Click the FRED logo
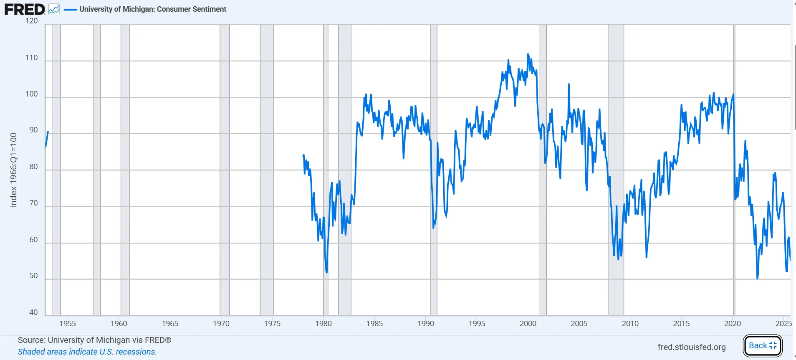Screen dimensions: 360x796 pyautogui.click(x=25, y=9)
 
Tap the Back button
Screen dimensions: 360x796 pyautogui.click(x=763, y=345)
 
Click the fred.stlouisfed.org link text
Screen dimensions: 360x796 pyautogui.click(x=691, y=347)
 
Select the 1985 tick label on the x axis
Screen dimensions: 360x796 pyautogui.click(x=374, y=323)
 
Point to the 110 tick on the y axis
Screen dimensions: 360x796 pyautogui.click(x=31, y=58)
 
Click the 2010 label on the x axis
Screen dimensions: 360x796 pyautogui.click(x=630, y=323)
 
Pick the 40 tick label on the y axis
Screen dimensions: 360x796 pyautogui.click(x=33, y=312)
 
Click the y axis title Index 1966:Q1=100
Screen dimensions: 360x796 pyautogui.click(x=13, y=170)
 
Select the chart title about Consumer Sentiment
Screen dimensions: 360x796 pyautogui.click(x=153, y=9)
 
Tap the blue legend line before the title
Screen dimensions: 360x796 pyautogui.click(x=70, y=9)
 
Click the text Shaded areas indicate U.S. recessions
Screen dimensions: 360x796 pyautogui.click(x=87, y=352)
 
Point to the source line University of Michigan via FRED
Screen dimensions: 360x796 pyautogui.click(x=94, y=340)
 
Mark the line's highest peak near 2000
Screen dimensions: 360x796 pyautogui.click(x=528, y=54)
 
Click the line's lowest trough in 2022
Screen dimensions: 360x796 pyautogui.click(x=757, y=278)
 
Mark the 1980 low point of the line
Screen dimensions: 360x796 pyautogui.click(x=326, y=272)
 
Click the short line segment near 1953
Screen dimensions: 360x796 pyautogui.click(x=47, y=139)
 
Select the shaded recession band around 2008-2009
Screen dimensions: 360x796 pyautogui.click(x=616, y=167)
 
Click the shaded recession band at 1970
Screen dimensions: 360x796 pyautogui.click(x=225, y=167)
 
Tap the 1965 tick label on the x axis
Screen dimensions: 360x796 pyautogui.click(x=170, y=323)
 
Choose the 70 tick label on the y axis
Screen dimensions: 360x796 pyautogui.click(x=33, y=203)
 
